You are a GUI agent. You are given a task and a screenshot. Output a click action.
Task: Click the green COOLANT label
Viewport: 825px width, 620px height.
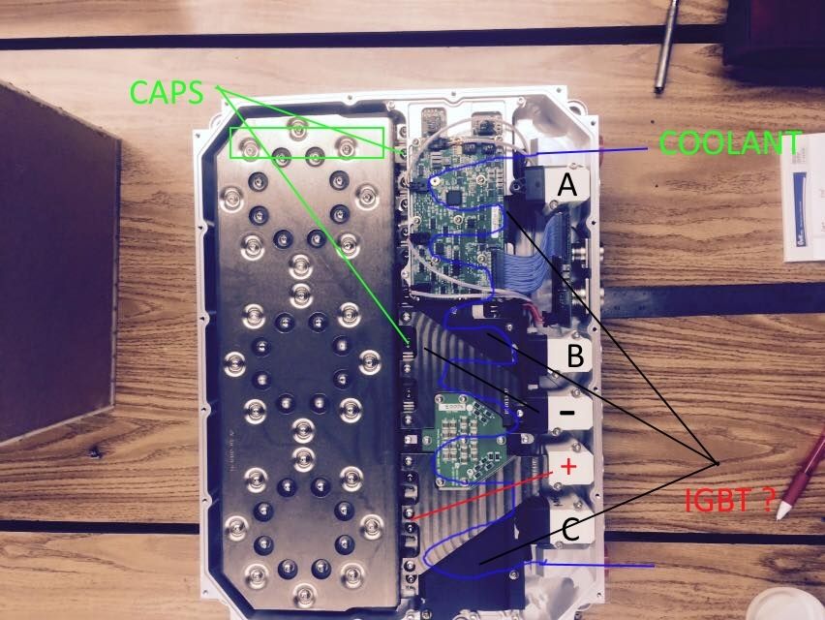point(728,143)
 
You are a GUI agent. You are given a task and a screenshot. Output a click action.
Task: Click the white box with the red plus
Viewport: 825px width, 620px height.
point(568,467)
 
